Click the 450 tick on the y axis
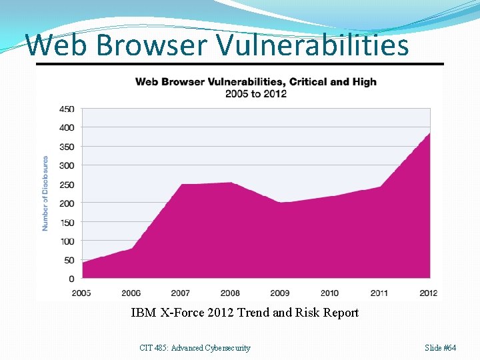tap(67, 109)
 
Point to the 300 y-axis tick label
tap(67, 165)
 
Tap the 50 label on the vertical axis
tap(69, 260)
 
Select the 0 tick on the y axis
tap(71, 279)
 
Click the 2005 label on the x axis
tap(81, 293)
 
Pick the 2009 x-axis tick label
tap(280, 293)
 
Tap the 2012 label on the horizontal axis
tap(428, 293)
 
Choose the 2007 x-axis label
tap(180, 293)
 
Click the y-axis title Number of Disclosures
tap(45, 193)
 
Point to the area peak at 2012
tap(430, 133)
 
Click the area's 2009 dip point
tap(280, 203)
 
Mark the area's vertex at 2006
tap(131, 248)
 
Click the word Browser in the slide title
tap(151, 45)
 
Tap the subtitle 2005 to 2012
tap(256, 94)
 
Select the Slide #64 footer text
tap(440, 348)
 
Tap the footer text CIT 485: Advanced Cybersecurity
tap(195, 348)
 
